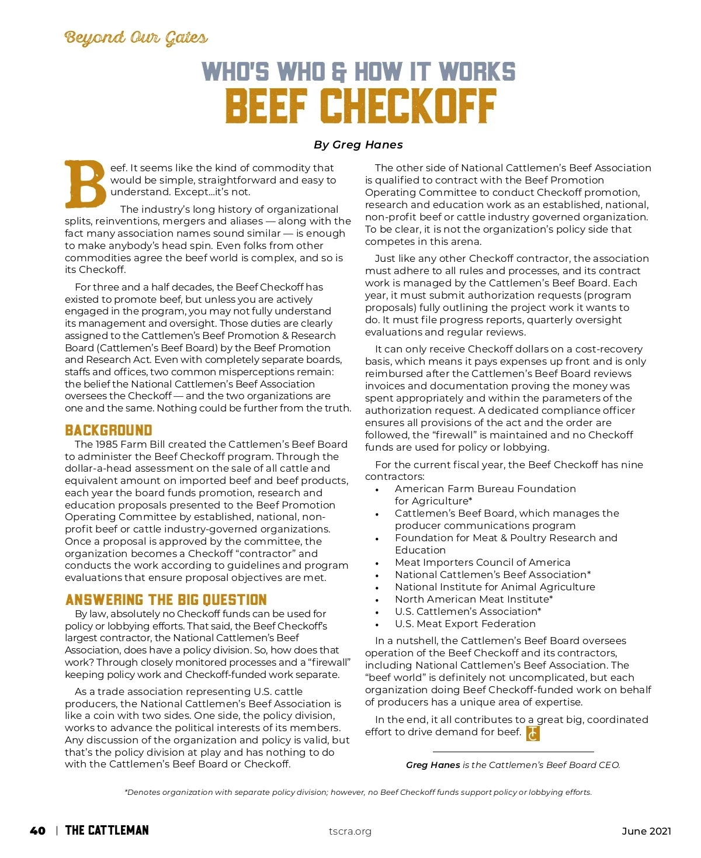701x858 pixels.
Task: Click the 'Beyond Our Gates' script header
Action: [136, 39]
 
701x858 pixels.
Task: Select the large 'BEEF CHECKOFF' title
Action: [360, 106]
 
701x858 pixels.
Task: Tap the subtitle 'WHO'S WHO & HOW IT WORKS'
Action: [358, 72]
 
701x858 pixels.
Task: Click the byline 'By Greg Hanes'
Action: [358, 145]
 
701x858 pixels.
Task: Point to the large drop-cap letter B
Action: [85, 184]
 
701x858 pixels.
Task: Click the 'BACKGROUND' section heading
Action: [109, 431]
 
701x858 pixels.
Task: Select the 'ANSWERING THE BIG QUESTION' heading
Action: [166, 600]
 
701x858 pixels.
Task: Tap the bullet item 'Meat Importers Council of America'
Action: [483, 562]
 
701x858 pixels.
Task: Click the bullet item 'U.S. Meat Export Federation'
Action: [465, 624]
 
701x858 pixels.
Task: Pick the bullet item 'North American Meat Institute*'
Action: [474, 599]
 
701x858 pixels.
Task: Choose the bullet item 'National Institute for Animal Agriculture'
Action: [495, 587]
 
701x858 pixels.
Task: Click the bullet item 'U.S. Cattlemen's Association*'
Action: [468, 611]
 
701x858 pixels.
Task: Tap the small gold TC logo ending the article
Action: [533, 734]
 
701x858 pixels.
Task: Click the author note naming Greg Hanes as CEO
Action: [513, 765]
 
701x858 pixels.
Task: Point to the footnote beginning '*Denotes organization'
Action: [358, 793]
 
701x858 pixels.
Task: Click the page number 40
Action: [37, 831]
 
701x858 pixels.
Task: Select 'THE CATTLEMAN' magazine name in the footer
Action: [107, 831]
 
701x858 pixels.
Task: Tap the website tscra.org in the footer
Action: [350, 832]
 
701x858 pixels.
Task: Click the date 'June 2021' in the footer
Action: [646, 831]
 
